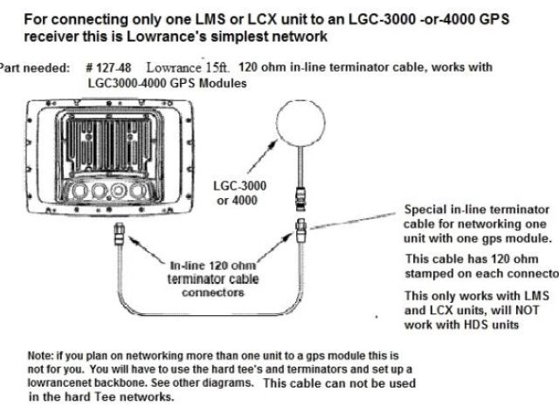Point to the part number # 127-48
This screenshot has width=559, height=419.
click(x=110, y=67)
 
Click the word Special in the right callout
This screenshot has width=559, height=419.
click(x=426, y=210)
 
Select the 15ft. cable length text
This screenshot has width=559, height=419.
click(x=210, y=67)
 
